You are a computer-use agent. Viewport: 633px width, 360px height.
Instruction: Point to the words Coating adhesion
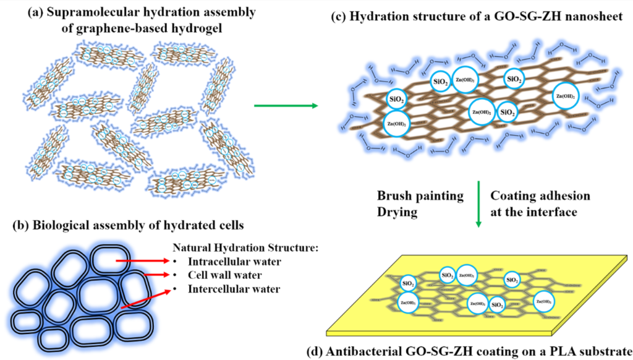(540, 196)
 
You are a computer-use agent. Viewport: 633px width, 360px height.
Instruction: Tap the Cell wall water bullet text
(224, 275)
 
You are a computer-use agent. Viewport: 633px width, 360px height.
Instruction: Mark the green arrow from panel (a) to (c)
(286, 106)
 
